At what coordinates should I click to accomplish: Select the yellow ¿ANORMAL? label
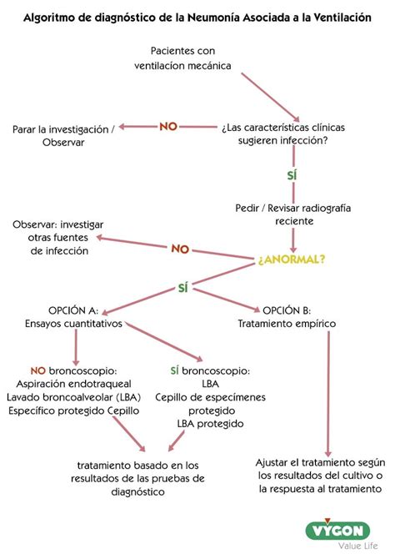tap(292, 259)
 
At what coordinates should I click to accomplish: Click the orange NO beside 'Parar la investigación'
tap(168, 127)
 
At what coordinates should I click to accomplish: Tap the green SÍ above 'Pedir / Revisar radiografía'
tap(292, 175)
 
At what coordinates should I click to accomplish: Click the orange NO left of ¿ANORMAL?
tap(180, 249)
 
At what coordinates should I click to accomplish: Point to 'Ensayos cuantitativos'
tap(73, 323)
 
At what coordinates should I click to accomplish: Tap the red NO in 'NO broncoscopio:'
tap(38, 370)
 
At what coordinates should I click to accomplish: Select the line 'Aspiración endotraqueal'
tap(75, 383)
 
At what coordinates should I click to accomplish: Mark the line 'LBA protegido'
tap(209, 423)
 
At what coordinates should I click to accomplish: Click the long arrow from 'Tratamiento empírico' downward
tap(327, 392)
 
